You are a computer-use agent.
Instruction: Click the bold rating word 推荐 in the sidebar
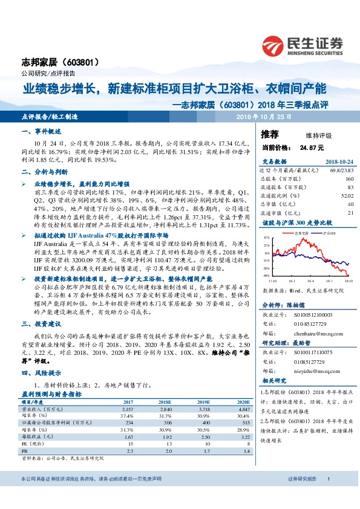pos(270,133)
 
